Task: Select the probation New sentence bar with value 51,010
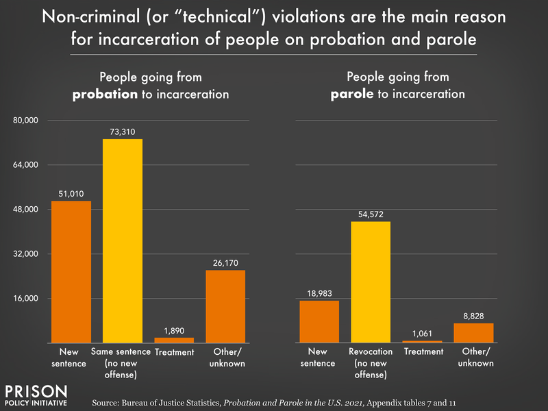click(71, 271)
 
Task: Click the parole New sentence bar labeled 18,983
click(319, 321)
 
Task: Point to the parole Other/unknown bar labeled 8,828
click(473, 332)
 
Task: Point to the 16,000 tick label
click(29, 299)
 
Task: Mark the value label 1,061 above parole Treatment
click(422, 334)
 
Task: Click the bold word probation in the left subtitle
click(105, 95)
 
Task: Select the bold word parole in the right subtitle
click(351, 95)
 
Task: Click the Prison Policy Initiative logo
click(36, 395)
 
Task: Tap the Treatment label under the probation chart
click(174, 352)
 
